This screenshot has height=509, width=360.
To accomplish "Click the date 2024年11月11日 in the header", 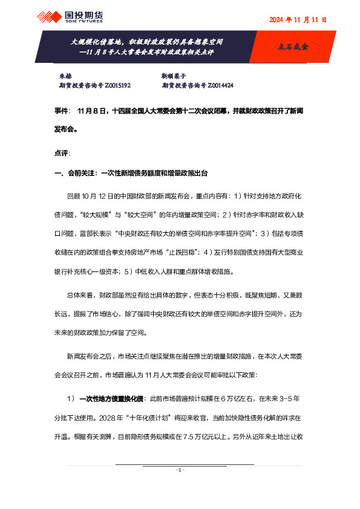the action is [298, 19].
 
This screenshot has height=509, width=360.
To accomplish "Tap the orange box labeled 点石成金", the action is [292, 46].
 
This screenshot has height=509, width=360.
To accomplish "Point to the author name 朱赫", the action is [64, 77].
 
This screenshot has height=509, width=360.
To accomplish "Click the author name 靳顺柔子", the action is [173, 77].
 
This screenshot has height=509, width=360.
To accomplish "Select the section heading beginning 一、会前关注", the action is [131, 173].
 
